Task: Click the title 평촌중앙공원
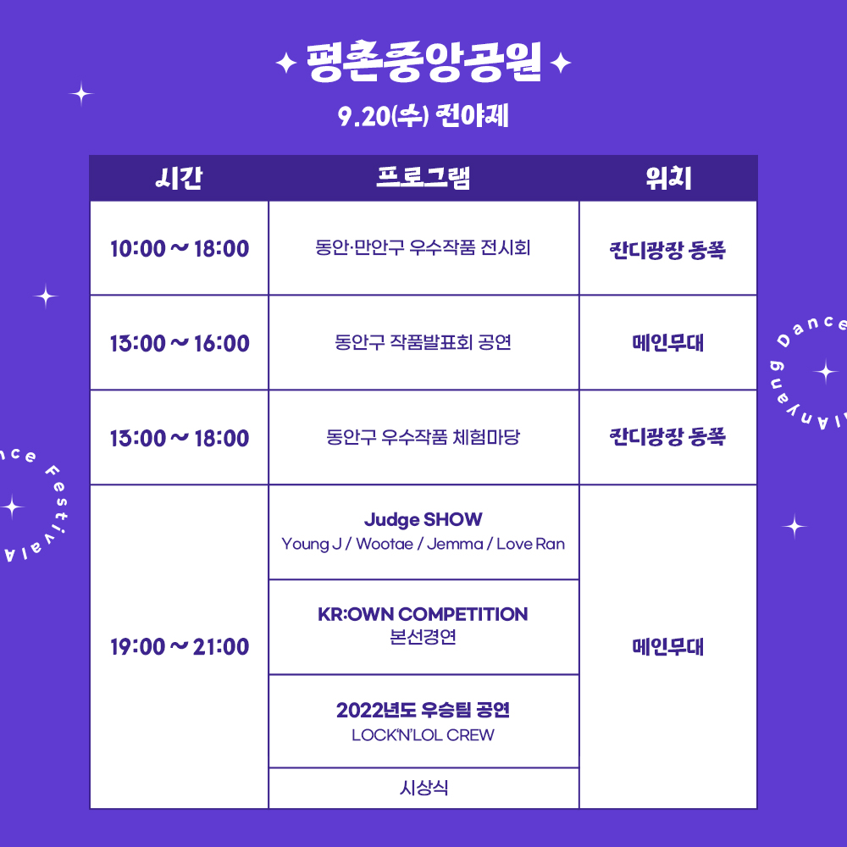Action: click(423, 62)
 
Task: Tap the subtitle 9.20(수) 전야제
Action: click(423, 115)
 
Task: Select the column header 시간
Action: click(179, 178)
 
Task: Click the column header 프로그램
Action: click(423, 178)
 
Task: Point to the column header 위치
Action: click(668, 178)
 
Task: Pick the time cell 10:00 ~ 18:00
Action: click(180, 248)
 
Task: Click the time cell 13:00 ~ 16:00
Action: click(180, 343)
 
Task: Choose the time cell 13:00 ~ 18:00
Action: click(180, 438)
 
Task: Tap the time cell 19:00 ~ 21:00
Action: click(180, 646)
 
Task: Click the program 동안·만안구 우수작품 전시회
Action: click(423, 247)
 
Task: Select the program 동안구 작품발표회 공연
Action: click(423, 342)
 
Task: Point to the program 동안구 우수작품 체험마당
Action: click(423, 436)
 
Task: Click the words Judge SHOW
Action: click(423, 520)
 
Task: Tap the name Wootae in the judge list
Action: click(385, 544)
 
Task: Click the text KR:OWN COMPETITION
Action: click(423, 614)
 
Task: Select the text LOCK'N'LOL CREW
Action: click(423, 735)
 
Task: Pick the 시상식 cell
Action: click(424, 788)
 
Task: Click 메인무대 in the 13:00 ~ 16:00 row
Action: click(668, 342)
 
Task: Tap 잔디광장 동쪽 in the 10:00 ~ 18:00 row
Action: click(667, 250)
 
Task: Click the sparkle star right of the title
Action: click(561, 64)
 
